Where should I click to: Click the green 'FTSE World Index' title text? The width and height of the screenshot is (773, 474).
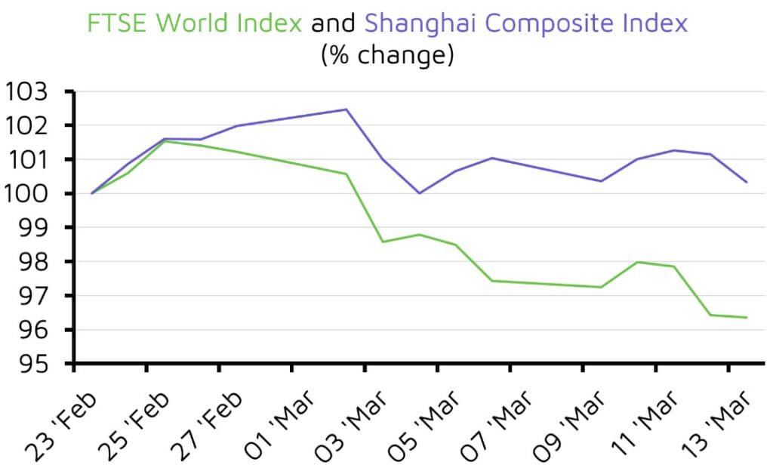194,23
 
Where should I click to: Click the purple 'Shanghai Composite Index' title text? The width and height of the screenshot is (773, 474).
526,23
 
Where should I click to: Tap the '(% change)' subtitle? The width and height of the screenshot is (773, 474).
386,55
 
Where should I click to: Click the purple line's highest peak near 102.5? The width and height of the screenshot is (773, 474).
346,109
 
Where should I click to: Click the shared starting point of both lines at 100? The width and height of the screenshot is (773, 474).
92,193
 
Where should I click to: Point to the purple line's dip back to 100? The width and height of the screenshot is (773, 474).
419,193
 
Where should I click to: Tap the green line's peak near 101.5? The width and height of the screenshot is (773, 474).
165,141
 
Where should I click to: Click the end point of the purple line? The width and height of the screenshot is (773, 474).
747,182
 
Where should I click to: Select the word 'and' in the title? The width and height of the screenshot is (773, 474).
333,23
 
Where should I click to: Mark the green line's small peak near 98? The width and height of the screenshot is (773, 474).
637,262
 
